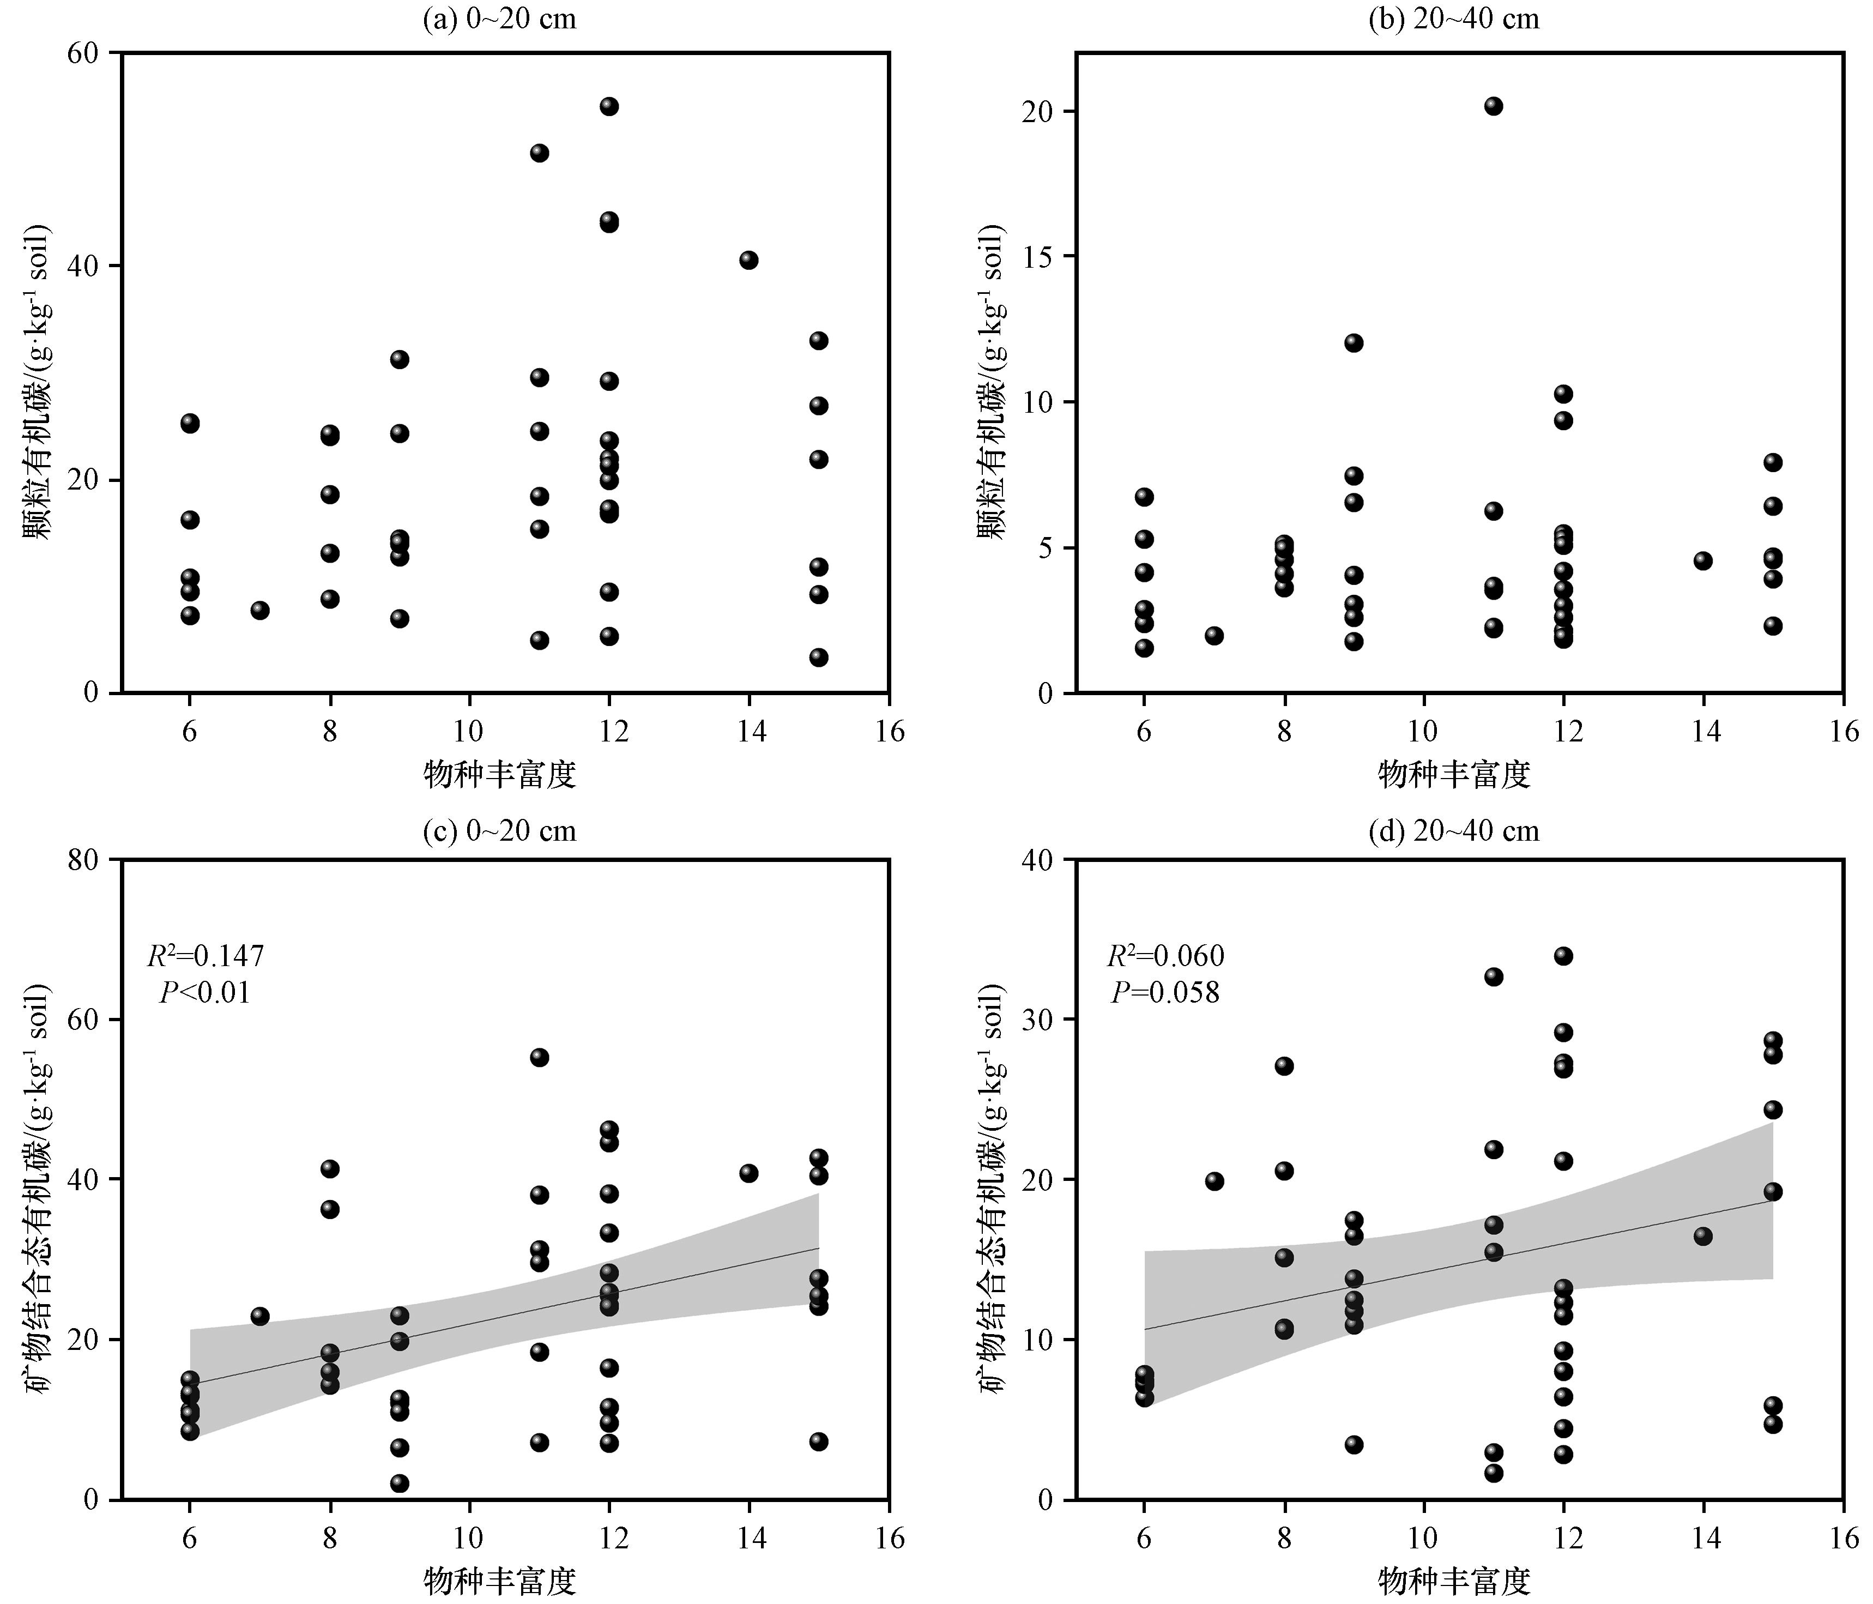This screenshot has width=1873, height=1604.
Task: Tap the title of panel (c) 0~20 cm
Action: (x=499, y=830)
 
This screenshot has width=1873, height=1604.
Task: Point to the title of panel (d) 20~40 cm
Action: (x=1454, y=830)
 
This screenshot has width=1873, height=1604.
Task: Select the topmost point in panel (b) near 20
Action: (x=1494, y=106)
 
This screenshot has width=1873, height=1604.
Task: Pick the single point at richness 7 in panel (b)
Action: (x=1214, y=636)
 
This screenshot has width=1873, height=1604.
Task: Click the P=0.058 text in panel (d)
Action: (x=1165, y=993)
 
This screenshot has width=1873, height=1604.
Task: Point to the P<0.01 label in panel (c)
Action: (x=205, y=993)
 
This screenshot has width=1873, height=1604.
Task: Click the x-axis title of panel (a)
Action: (x=500, y=774)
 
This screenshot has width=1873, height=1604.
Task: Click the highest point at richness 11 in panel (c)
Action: (x=540, y=1058)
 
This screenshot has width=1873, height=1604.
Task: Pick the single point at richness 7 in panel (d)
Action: (x=1214, y=1181)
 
